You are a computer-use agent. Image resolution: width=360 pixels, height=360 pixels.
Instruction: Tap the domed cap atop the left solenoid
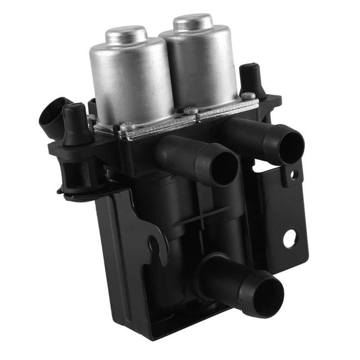coord(126,34)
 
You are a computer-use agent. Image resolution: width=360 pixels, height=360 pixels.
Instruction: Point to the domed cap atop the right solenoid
coord(193,21)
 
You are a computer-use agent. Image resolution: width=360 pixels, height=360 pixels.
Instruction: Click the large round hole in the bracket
coord(289,238)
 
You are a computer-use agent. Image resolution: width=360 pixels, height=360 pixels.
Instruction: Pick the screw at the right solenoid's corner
coord(247,95)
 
